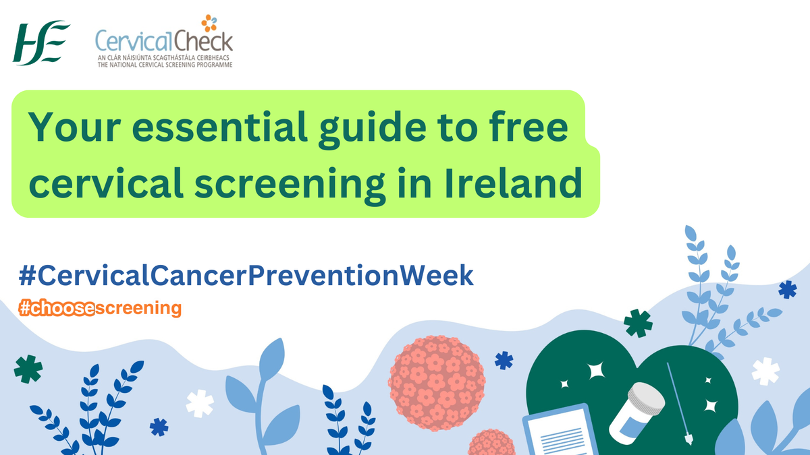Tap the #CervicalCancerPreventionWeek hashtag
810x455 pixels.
[246, 276]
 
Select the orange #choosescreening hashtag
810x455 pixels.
[101, 308]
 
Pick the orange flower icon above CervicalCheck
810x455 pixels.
[209, 24]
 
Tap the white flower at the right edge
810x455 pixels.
[765, 371]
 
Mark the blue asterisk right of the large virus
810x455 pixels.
[504, 361]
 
